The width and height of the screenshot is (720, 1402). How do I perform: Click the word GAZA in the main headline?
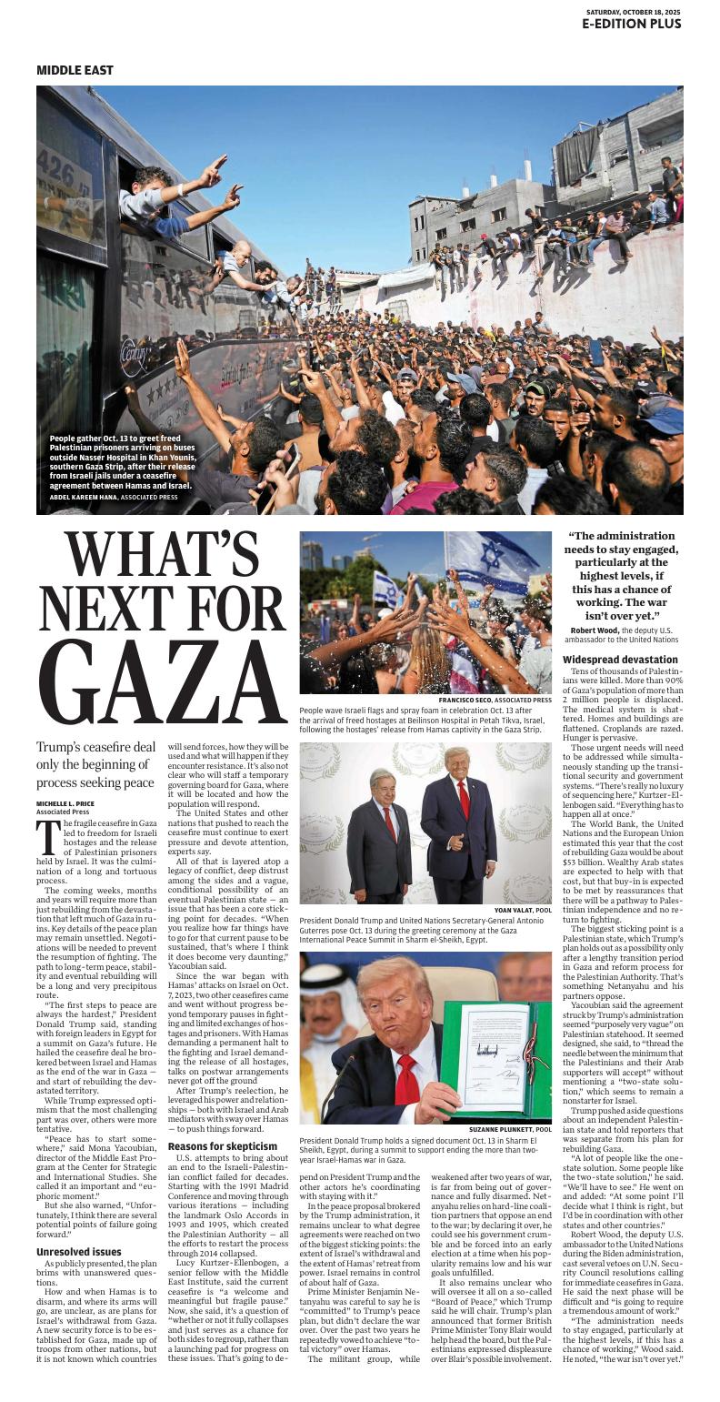[164, 682]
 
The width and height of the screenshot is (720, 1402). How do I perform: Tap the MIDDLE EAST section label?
[75, 70]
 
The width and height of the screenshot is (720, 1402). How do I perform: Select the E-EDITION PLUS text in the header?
[632, 25]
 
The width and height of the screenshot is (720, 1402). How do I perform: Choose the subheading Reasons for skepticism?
[223, 1145]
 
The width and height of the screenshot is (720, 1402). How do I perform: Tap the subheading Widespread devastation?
[620, 659]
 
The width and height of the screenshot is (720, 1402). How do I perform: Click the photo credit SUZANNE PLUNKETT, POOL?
[510, 1129]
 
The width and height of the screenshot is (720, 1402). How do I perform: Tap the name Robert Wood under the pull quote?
[595, 630]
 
